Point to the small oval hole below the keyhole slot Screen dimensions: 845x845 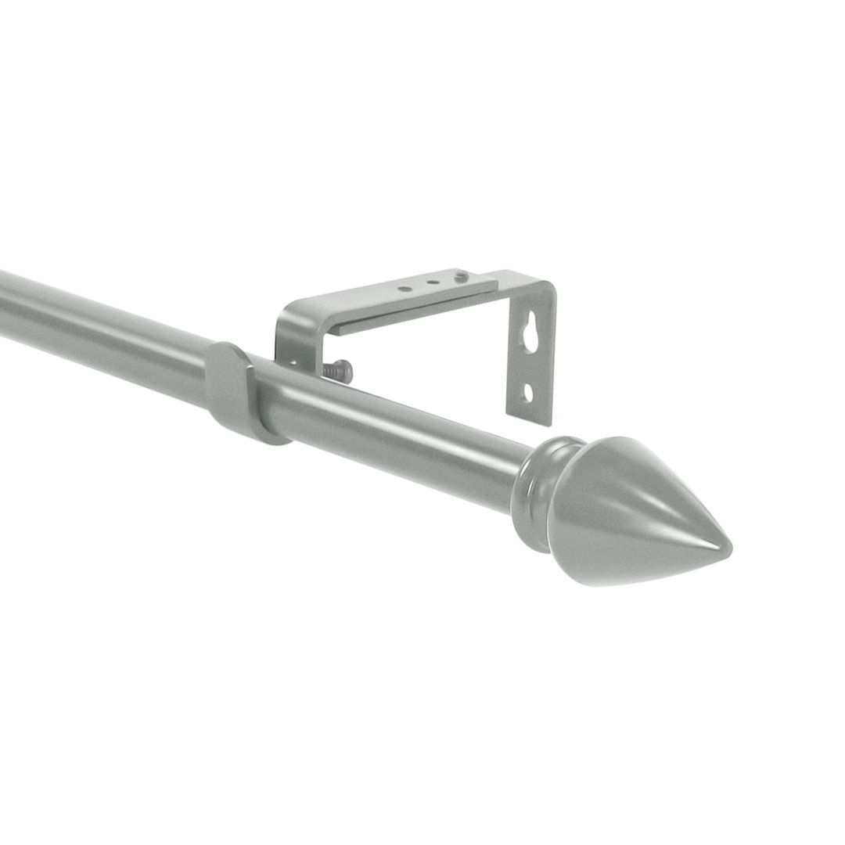click(529, 392)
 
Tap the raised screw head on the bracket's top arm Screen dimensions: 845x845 click(461, 275)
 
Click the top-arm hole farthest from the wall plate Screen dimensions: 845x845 click(404, 289)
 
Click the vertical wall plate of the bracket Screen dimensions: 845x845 click(532, 360)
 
